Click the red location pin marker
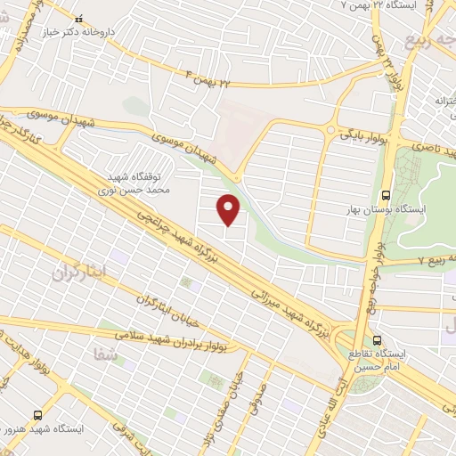[230, 209]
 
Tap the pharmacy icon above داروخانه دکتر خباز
[79, 20]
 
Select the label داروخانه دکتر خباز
[79, 34]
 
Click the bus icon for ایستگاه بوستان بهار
[386, 195]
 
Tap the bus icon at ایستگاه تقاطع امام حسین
[377, 340]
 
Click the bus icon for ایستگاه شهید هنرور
[37, 414]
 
